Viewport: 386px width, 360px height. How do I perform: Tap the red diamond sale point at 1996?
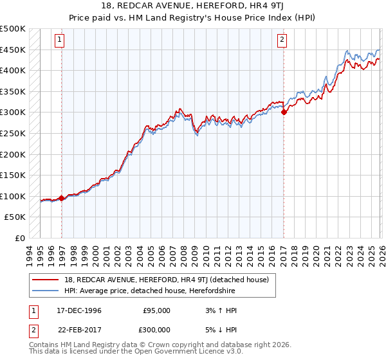coord(62,198)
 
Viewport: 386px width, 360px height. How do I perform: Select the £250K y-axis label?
coord(13,133)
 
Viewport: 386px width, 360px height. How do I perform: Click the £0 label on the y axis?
coord(19,238)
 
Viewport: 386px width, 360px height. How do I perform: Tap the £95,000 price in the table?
coord(156,310)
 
